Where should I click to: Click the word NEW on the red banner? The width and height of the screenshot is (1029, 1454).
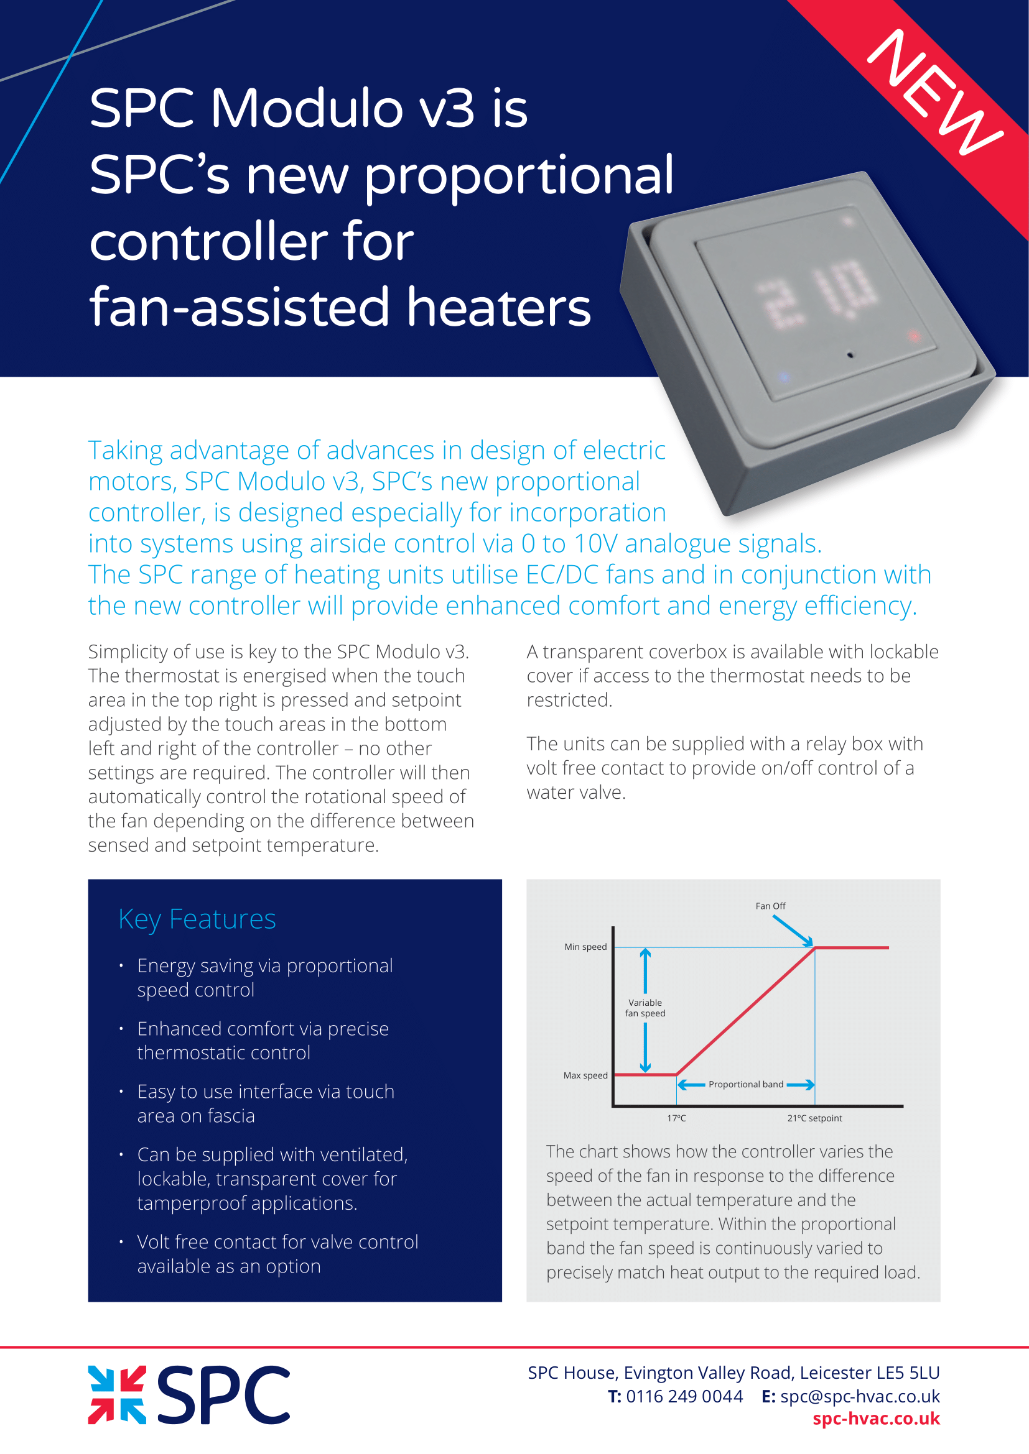coord(934,93)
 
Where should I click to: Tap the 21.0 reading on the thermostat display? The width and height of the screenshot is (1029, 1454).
coord(821,293)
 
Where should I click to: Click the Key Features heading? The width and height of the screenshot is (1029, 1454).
coord(197,919)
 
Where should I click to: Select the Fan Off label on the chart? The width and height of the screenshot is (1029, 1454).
coord(770,906)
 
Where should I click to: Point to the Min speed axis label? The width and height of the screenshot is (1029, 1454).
coord(585,947)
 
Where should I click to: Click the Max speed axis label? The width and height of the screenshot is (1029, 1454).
coord(585,1075)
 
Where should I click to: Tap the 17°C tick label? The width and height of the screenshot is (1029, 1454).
coord(676,1118)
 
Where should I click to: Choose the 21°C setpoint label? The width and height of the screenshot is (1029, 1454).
coord(814,1118)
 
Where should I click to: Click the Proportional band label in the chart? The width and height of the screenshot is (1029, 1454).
coord(746,1084)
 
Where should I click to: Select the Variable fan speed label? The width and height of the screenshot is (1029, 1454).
coord(645,1008)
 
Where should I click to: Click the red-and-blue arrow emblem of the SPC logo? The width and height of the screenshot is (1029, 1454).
coord(117,1395)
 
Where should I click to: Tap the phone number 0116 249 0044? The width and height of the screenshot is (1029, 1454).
coord(684,1396)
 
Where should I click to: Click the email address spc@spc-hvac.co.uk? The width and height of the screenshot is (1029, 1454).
coord(860,1396)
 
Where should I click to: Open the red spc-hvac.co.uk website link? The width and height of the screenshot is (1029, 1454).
coord(876,1419)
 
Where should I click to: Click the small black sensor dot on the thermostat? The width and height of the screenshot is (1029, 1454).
coord(850,356)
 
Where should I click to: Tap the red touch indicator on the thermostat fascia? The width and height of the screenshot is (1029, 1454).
coord(914,336)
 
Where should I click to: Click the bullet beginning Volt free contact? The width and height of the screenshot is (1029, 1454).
coord(277,1254)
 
